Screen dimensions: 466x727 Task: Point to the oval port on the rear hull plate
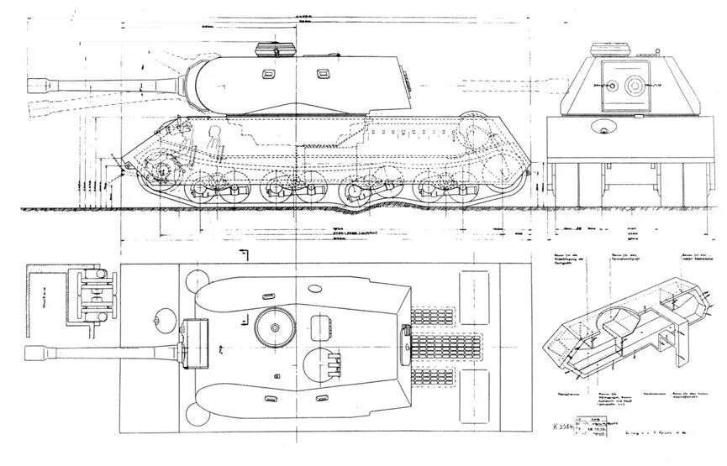point(602,128)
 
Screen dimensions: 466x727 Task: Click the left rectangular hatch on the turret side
point(268,74)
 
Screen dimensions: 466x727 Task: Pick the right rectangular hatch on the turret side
point(320,74)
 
